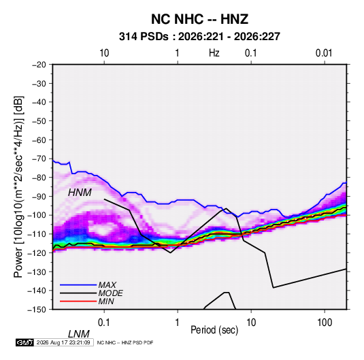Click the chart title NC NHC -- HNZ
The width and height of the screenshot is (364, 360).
pos(199,19)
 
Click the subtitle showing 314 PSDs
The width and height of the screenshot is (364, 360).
pos(199,37)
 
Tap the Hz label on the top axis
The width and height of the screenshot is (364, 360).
pos(214,53)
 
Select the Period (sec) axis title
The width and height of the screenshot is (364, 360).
pos(214,330)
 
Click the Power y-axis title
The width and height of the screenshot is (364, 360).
pos(18,186)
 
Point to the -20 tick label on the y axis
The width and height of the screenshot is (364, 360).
pos(39,65)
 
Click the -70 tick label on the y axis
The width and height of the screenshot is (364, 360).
pos(39,159)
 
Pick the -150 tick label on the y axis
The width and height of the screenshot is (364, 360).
pos(37,310)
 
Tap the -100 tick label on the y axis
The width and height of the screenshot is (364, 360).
pos(37,215)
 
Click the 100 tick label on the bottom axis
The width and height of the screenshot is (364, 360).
pos(325,323)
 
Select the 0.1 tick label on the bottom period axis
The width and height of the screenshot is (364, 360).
pos(104,323)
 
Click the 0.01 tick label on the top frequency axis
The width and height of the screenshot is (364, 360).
pos(324,53)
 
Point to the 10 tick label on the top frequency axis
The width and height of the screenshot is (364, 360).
pos(104,53)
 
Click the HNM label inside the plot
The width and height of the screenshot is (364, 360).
pos(80,193)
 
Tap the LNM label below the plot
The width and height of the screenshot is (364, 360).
pos(78,334)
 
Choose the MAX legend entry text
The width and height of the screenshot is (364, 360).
pos(107,285)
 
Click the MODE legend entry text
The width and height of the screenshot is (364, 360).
pos(110,293)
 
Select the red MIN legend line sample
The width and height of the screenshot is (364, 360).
pos(78,301)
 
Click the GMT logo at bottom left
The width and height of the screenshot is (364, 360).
pos(25,342)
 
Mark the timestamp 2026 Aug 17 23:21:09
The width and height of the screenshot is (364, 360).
pos(63,342)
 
